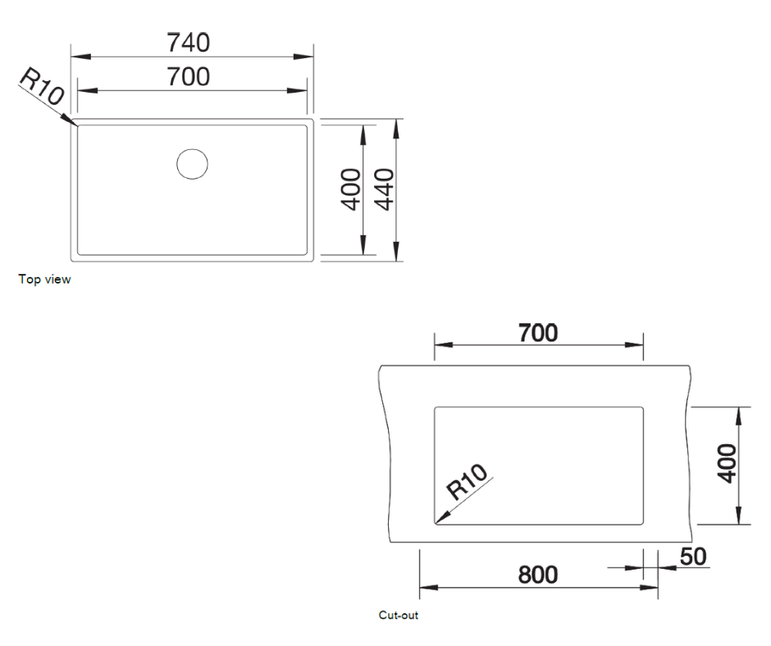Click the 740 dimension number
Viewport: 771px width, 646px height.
(189, 42)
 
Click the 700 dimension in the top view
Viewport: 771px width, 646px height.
(189, 77)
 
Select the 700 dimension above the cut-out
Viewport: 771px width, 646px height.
(538, 333)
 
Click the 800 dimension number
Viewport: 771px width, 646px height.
(538, 575)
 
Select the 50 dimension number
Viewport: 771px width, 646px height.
(693, 557)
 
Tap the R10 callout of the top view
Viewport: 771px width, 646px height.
(41, 87)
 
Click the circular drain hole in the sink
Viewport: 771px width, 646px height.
(192, 164)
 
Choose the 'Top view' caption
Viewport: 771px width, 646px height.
(45, 280)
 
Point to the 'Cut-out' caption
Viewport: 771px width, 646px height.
(399, 615)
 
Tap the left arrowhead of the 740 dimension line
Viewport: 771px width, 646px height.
(76, 57)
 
